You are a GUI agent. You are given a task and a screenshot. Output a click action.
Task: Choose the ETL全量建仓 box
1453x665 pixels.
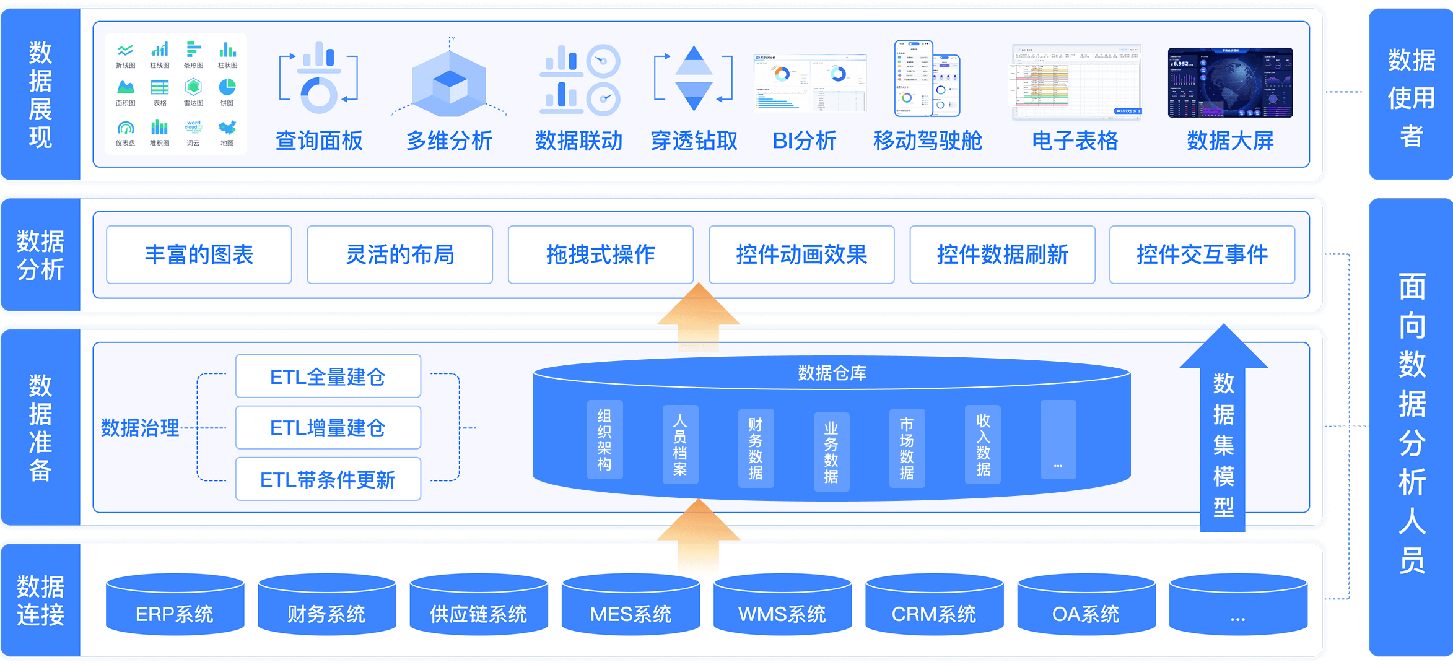[x=328, y=376]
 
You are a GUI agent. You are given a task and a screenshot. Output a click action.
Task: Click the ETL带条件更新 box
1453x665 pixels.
[x=328, y=479]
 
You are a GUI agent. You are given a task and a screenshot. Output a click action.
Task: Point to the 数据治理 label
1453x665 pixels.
[x=140, y=428]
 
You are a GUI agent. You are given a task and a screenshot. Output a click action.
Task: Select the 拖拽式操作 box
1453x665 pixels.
[x=600, y=254]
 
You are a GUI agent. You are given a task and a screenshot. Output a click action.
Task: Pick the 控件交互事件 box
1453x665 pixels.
[x=1202, y=254]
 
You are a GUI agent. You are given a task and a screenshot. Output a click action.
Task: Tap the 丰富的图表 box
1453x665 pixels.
[x=199, y=254]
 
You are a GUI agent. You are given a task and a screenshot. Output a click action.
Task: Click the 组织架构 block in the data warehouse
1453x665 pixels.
[x=604, y=440]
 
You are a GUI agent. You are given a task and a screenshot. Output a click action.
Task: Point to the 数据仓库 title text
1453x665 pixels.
[x=832, y=373]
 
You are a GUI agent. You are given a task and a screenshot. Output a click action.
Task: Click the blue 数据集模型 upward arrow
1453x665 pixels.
[x=1223, y=433]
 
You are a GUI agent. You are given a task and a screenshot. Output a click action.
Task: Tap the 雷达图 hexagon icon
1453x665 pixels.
[x=193, y=87]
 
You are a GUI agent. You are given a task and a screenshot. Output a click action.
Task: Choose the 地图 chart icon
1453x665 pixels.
[x=227, y=128]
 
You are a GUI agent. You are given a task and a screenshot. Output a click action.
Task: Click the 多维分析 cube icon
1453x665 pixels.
[x=450, y=84]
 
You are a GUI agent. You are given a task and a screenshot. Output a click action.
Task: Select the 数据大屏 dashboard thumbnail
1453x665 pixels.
[x=1230, y=82]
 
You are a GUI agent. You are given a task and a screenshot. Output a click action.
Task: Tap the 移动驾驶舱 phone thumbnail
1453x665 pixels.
[x=927, y=79]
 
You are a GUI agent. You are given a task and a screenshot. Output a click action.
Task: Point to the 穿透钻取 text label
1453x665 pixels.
[x=694, y=141]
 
